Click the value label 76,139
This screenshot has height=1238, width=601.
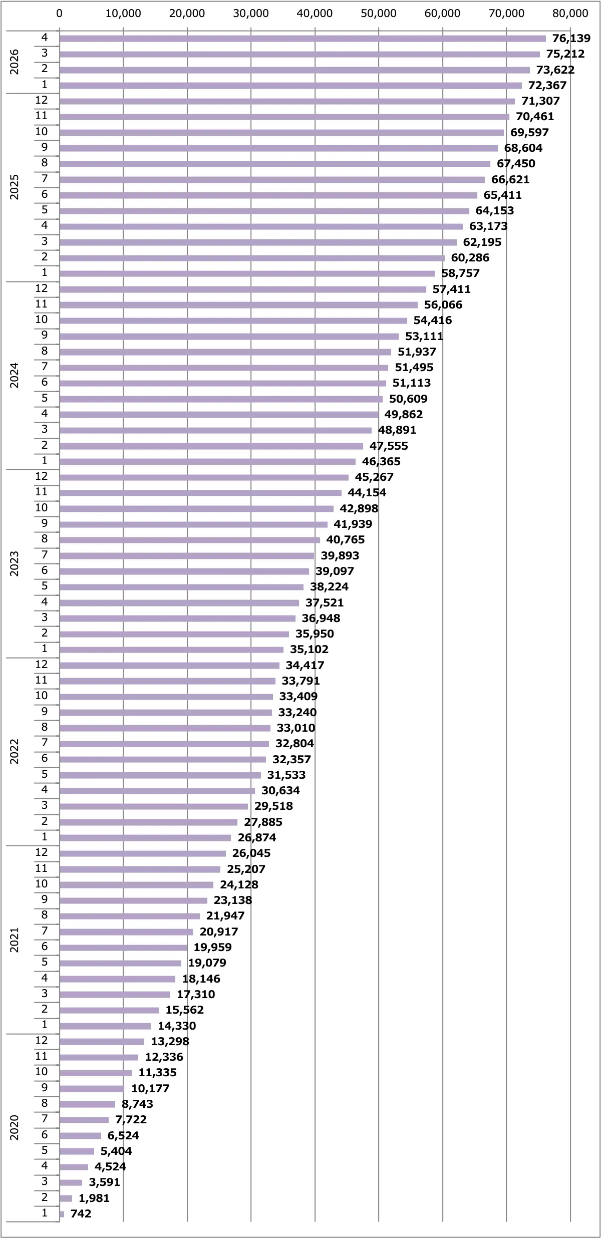[571, 39]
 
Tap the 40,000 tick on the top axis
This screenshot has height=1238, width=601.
[315, 14]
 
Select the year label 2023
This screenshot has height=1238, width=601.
[15, 564]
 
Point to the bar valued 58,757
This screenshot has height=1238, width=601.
[247, 273]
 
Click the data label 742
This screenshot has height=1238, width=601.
[81, 1213]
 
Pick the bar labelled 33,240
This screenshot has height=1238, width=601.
[166, 712]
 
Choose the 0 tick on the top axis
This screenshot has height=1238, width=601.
[60, 14]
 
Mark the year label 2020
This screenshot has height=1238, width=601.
[15, 1128]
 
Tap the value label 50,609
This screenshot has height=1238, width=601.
[408, 399]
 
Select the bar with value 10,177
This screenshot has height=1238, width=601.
[92, 1088]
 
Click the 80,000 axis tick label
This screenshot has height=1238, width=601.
[570, 14]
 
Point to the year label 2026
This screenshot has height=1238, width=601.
[15, 62]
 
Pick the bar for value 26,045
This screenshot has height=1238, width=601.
[143, 853]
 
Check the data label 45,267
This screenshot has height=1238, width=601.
[374, 477]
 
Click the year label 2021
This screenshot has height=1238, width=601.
[15, 940]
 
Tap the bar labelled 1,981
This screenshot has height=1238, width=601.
[66, 1198]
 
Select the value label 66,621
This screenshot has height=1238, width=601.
[510, 179]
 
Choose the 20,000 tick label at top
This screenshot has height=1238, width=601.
[187, 14]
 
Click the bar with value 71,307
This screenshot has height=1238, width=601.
[287, 101]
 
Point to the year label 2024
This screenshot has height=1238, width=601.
[15, 376]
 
